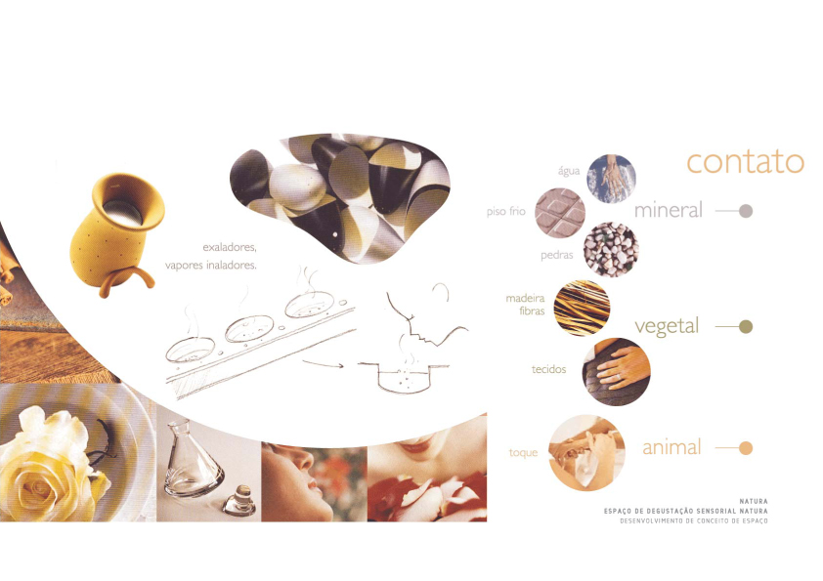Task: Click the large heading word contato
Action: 746,161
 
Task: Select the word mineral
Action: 669,210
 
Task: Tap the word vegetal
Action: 667,327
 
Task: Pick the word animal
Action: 671,447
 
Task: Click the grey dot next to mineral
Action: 746,211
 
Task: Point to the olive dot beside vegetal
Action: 746,327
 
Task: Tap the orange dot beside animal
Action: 746,448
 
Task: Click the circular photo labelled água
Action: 612,179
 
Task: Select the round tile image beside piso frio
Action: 560,214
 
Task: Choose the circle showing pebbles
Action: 611,250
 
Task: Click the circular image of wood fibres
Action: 583,308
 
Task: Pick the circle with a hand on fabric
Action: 616,372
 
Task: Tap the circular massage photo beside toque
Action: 586,453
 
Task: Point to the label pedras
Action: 557,256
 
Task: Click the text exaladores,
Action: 230,247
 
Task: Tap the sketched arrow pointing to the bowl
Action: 323,363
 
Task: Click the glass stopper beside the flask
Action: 239,500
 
